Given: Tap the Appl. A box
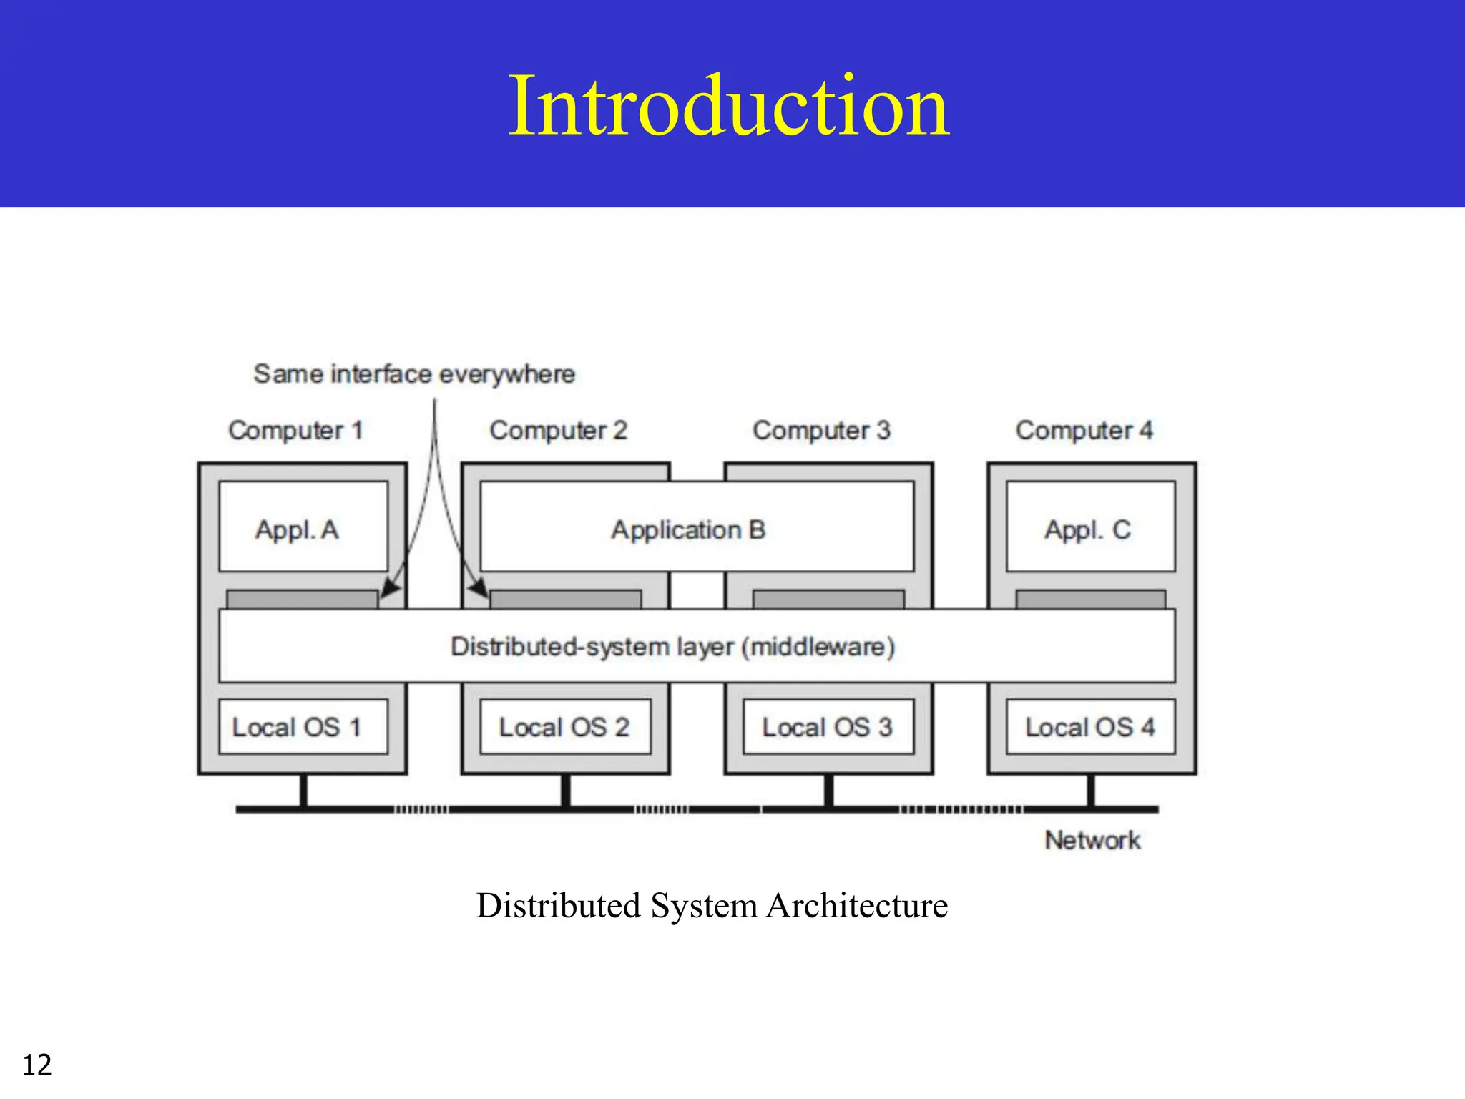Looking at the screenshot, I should pos(303,527).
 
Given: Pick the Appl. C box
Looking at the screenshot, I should pos(1090,527).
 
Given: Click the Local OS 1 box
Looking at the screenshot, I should pos(303,727).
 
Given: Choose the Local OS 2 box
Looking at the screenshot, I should pos(565,727).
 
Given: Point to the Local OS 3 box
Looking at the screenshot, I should pos(828,727).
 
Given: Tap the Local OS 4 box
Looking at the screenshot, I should pos(1090,727).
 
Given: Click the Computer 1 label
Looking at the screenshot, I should pos(295,430).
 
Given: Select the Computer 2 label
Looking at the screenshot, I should pos(558,430).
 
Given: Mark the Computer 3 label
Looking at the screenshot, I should pos(821,430).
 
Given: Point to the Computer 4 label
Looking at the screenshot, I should pos(1084,430).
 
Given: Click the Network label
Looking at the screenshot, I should pos(1092,840).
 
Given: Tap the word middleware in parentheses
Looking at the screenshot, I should pos(818,647).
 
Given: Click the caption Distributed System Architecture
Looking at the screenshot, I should pos(712,905).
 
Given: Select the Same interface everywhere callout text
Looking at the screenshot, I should pos(414,373).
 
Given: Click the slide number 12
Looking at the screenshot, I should pos(37,1065).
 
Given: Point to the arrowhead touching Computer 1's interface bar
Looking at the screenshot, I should pos(389,588).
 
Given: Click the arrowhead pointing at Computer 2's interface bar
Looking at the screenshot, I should pos(479,588).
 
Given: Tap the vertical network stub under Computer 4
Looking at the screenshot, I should pos(1091,791).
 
